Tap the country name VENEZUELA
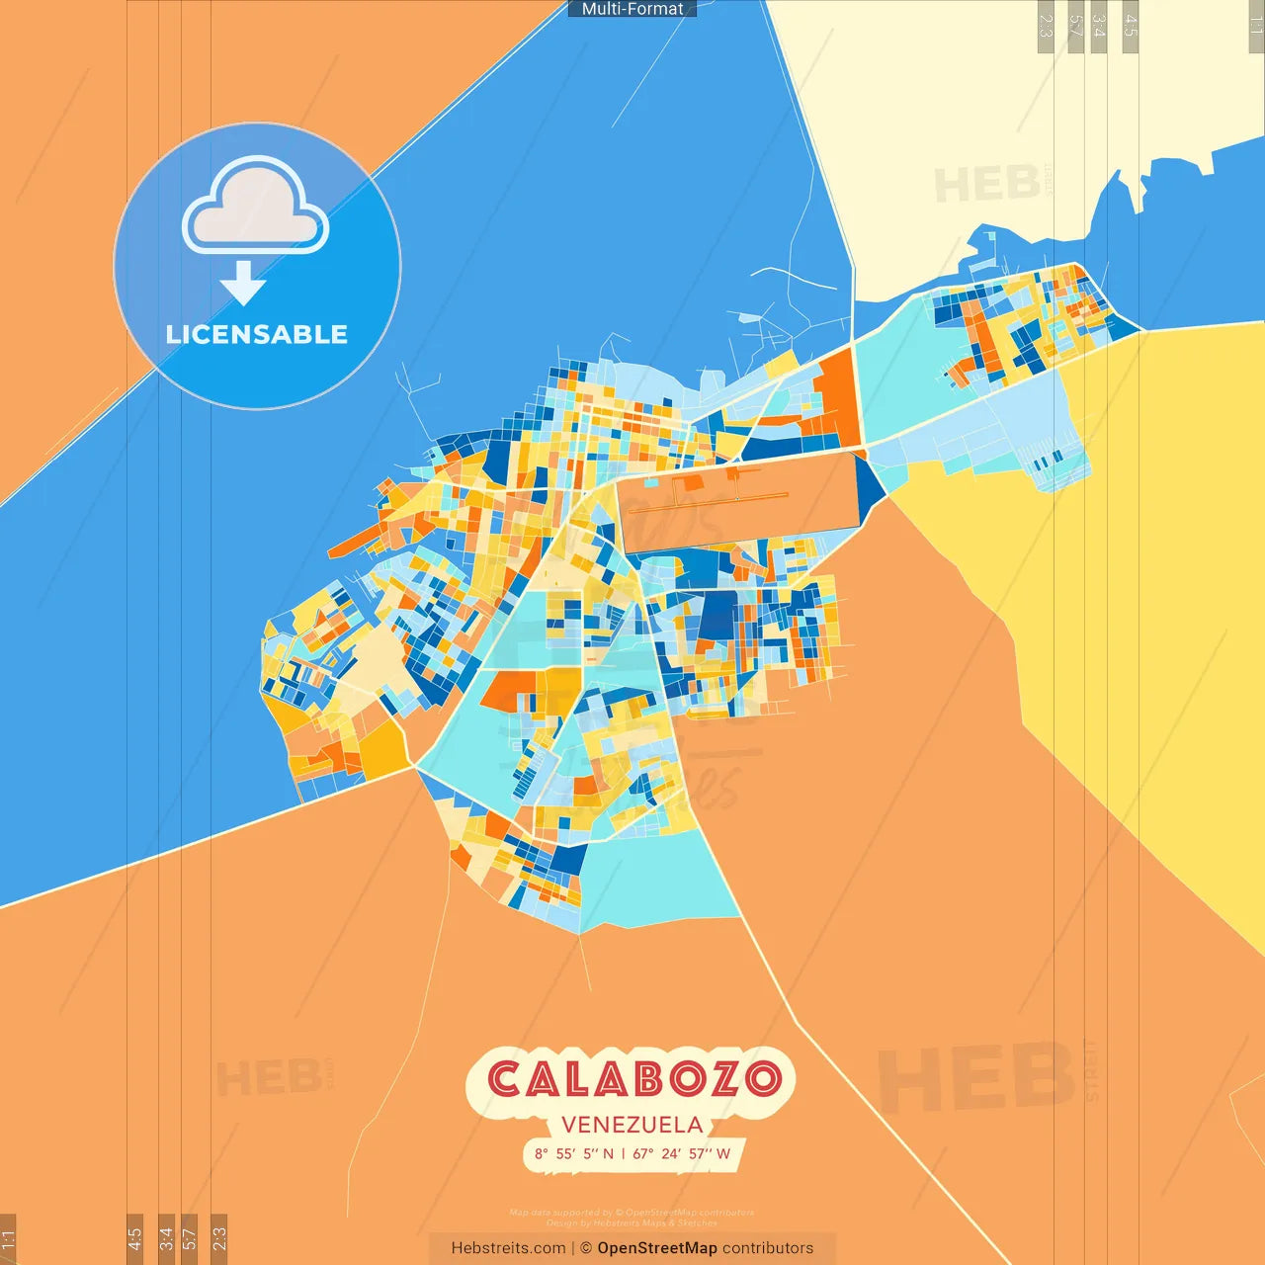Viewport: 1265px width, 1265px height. [x=632, y=1125]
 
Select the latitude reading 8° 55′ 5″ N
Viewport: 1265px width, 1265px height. [x=574, y=1153]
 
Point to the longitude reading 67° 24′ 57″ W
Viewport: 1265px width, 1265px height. [x=682, y=1153]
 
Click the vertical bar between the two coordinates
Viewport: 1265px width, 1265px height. [x=624, y=1153]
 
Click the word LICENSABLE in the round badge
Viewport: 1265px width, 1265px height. [x=257, y=334]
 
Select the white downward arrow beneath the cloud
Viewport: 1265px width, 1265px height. [x=243, y=283]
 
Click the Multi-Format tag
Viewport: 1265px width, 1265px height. [x=632, y=9]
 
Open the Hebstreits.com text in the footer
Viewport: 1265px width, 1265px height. [x=508, y=1248]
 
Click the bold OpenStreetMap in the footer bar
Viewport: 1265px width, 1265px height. [x=657, y=1248]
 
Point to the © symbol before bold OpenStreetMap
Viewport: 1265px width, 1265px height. [x=586, y=1248]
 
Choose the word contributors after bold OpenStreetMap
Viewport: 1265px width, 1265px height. [x=768, y=1248]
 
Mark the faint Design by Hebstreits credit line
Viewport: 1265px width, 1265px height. [x=632, y=1223]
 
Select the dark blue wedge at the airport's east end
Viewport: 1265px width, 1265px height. [x=871, y=489]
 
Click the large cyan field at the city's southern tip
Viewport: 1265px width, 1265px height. [x=657, y=880]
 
